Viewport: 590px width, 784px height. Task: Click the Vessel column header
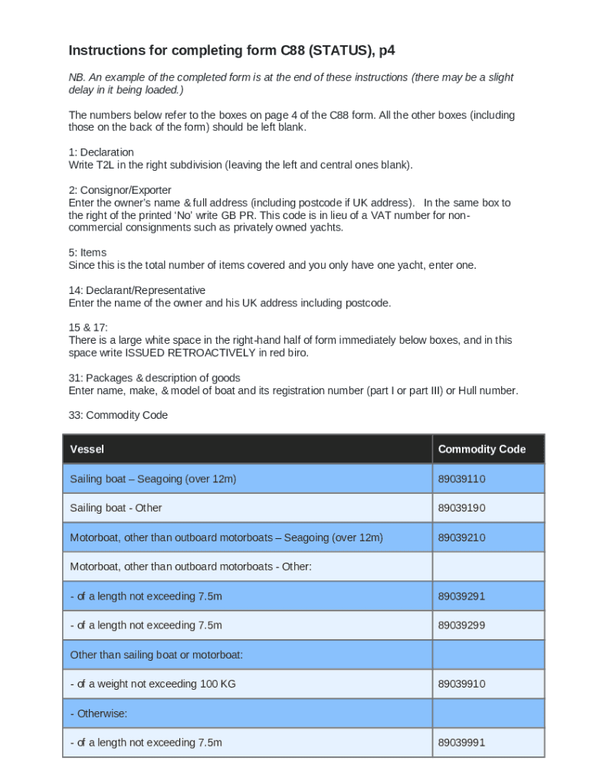87,449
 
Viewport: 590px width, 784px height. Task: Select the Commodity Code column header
481,449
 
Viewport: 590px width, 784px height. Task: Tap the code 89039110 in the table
461,479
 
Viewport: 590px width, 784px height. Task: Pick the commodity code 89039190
461,508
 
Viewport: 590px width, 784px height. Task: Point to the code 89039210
461,537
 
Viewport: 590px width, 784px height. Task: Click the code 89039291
461,596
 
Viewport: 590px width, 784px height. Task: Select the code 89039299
461,626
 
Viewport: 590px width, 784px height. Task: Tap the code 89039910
461,684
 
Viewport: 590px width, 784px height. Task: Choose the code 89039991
461,743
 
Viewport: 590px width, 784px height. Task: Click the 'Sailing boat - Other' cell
116,508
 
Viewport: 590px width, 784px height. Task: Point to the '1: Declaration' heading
101,152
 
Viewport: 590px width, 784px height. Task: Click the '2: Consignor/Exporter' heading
120,190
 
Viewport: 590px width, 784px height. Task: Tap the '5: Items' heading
87,253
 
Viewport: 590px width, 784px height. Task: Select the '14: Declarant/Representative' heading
137,290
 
